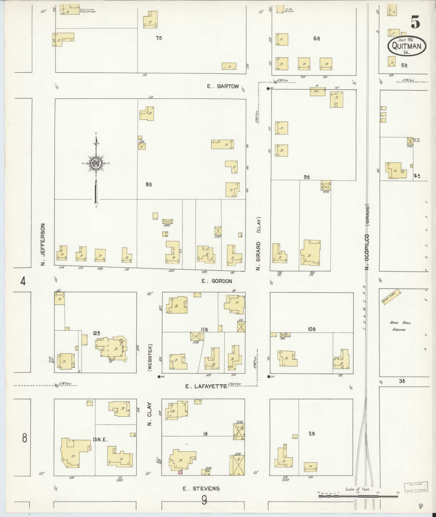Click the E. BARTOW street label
(223, 86)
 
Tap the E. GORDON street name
(217, 281)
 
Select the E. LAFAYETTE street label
(206, 386)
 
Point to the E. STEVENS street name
(201, 488)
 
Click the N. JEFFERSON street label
(43, 244)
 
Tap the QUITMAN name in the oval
(406, 46)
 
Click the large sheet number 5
(415, 22)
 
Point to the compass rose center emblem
(96, 163)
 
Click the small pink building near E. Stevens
(180, 472)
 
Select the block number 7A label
(159, 38)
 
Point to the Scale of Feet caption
(358, 489)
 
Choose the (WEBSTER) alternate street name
(150, 357)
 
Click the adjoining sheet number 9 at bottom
(204, 500)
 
